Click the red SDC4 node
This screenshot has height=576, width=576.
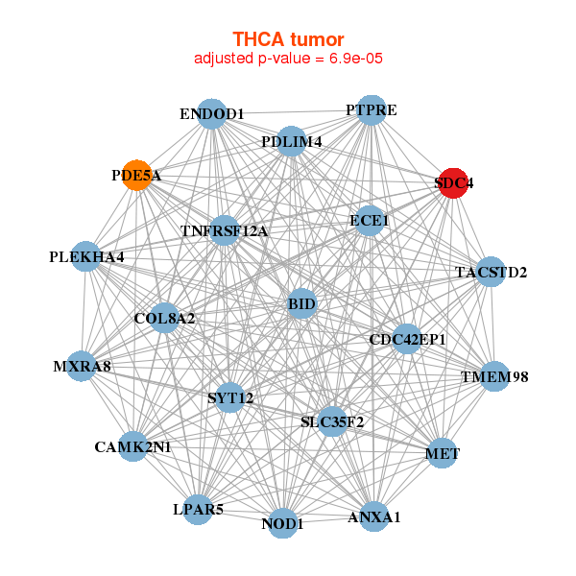pyautogui.click(x=453, y=182)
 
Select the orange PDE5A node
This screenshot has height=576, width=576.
pyautogui.click(x=137, y=176)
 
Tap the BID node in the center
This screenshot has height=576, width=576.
pyautogui.click(x=301, y=305)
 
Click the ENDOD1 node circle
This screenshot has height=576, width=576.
pyautogui.click(x=211, y=114)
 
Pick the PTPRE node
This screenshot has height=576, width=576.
pyautogui.click(x=371, y=110)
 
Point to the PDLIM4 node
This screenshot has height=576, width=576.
pyautogui.click(x=291, y=142)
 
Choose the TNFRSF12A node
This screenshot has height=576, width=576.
pyautogui.click(x=225, y=230)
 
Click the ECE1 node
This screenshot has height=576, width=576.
pyautogui.click(x=370, y=221)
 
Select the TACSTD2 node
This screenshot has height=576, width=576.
pyautogui.click(x=491, y=272)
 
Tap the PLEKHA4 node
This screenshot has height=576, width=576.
pyautogui.click(x=86, y=257)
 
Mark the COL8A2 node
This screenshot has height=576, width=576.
pyautogui.click(x=164, y=318)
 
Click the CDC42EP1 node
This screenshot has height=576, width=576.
pyautogui.click(x=407, y=339)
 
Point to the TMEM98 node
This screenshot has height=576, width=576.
pyautogui.click(x=493, y=376)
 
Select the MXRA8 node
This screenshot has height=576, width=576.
pyautogui.click(x=82, y=366)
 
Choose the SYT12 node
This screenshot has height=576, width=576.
pyautogui.click(x=230, y=397)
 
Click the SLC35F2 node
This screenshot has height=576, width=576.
pyautogui.click(x=332, y=421)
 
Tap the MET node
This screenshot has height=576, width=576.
pyautogui.click(x=441, y=452)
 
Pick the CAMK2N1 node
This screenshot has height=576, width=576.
pyautogui.click(x=132, y=446)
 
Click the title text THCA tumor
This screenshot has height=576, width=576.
pyautogui.click(x=288, y=39)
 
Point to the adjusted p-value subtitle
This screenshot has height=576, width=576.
pyautogui.click(x=288, y=59)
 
